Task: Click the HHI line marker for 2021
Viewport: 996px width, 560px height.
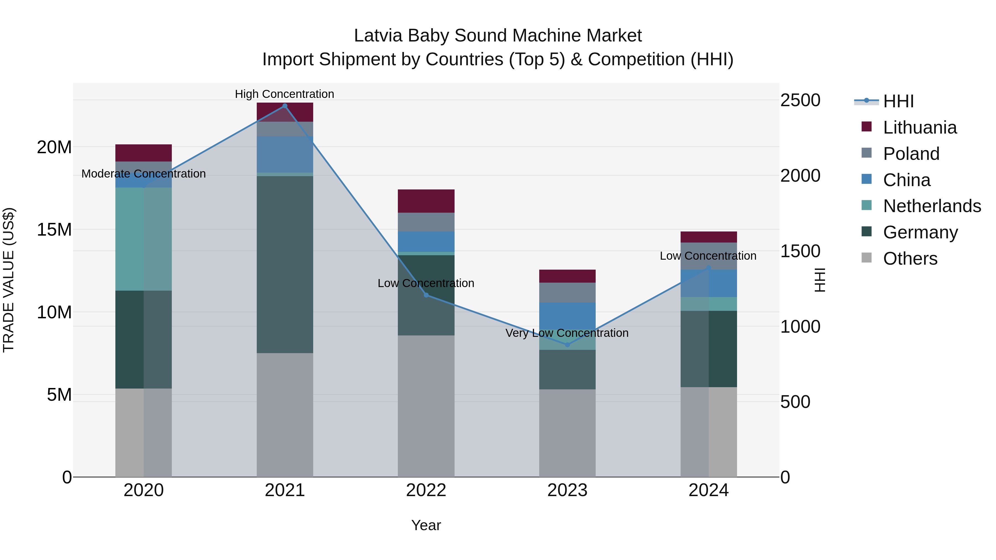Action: [x=285, y=106]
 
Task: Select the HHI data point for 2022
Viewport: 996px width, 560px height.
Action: [x=426, y=295]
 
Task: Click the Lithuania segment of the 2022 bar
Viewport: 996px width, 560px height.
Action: [x=426, y=201]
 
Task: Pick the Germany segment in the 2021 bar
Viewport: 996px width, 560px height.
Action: [x=285, y=264]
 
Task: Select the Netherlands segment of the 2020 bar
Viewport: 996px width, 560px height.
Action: [x=143, y=239]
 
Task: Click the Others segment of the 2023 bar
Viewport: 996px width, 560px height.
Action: [x=567, y=433]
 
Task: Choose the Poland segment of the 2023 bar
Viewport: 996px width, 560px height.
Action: [x=567, y=293]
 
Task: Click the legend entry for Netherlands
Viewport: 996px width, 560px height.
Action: [x=932, y=206]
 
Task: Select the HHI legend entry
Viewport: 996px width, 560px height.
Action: [x=898, y=101]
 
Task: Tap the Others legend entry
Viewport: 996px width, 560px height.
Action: [x=910, y=259]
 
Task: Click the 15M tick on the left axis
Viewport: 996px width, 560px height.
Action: [x=54, y=230]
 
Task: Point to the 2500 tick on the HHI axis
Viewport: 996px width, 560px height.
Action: [x=800, y=100]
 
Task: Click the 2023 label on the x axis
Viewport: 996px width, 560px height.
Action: [x=567, y=490]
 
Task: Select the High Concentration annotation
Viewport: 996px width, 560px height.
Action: [x=285, y=94]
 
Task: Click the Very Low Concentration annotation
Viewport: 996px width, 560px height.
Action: [x=567, y=333]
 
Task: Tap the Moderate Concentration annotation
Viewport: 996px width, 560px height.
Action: [x=143, y=173]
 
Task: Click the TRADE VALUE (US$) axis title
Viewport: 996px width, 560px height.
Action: [x=9, y=280]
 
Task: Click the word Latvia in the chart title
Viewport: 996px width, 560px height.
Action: [x=378, y=36]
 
